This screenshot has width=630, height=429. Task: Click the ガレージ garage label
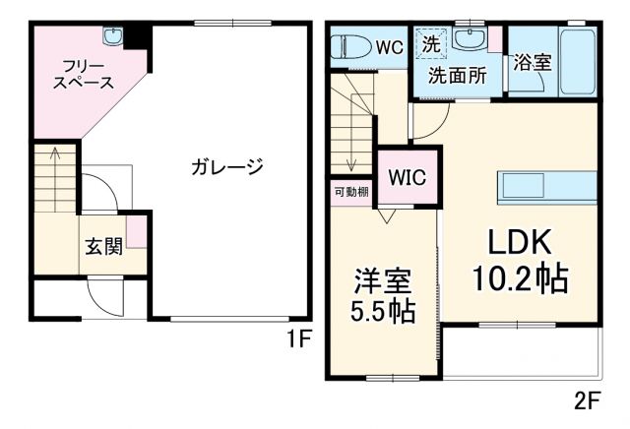[227, 167]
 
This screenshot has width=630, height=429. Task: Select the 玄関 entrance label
[102, 246]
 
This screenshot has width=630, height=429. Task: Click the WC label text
[389, 46]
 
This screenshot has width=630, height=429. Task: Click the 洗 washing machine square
[431, 43]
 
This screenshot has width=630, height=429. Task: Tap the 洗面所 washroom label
[457, 76]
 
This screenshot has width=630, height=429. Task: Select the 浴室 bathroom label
[532, 62]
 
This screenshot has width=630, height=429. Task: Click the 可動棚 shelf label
[350, 191]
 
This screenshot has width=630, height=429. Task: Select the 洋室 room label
[383, 280]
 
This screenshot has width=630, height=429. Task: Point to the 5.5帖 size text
[384, 313]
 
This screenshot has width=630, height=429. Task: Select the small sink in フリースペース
[115, 36]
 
